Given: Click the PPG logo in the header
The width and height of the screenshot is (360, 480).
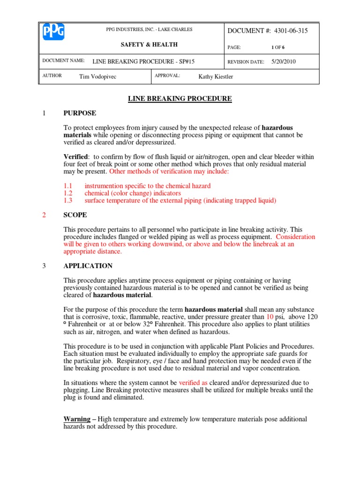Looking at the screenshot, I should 54,32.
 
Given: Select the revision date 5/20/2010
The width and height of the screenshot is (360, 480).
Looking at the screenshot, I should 284,61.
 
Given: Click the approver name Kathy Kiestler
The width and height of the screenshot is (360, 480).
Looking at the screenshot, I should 216,77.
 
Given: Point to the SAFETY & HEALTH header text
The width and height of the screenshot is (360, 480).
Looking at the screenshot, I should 149,45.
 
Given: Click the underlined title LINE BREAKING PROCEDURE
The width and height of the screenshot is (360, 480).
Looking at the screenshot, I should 180,98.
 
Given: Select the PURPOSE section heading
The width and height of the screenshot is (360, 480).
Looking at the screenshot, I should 80,113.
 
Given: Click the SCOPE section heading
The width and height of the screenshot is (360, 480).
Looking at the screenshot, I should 75,215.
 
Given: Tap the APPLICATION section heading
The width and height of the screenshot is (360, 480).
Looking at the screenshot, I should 88,266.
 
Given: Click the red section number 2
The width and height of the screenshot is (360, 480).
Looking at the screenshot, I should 44,215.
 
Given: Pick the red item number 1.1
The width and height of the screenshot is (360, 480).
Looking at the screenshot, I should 68,186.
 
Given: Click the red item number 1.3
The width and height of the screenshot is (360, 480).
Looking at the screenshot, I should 68,201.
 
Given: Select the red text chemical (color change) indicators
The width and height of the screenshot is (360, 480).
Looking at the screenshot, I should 133,193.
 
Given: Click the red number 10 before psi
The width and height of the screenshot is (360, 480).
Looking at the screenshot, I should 270,317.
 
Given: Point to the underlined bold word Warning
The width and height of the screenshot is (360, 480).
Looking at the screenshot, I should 77,419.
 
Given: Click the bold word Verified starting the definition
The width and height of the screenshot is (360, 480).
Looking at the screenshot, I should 75,157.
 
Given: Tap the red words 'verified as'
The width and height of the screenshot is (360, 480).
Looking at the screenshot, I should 194,383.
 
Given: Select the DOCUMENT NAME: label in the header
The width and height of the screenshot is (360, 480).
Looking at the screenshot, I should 63,61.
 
